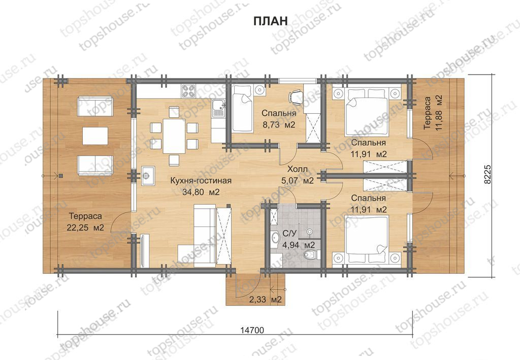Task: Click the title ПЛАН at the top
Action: pos(270,21)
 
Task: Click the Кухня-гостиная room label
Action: pos(201,181)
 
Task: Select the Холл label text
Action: pos(297,169)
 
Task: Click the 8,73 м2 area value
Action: pos(279,124)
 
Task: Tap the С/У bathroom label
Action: pos(289,234)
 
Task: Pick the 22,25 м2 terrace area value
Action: pos(85,228)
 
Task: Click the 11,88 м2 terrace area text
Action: pos(439,113)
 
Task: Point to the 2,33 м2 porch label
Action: pos(265,300)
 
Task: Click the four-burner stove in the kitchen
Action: pos(189,91)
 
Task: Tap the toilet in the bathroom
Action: pos(311,255)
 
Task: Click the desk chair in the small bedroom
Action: pos(295,96)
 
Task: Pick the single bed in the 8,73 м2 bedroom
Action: pos(242,109)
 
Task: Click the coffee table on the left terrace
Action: pos(95,136)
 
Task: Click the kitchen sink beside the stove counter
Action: pos(218,108)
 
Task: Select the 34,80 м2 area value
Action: pos(201,192)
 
